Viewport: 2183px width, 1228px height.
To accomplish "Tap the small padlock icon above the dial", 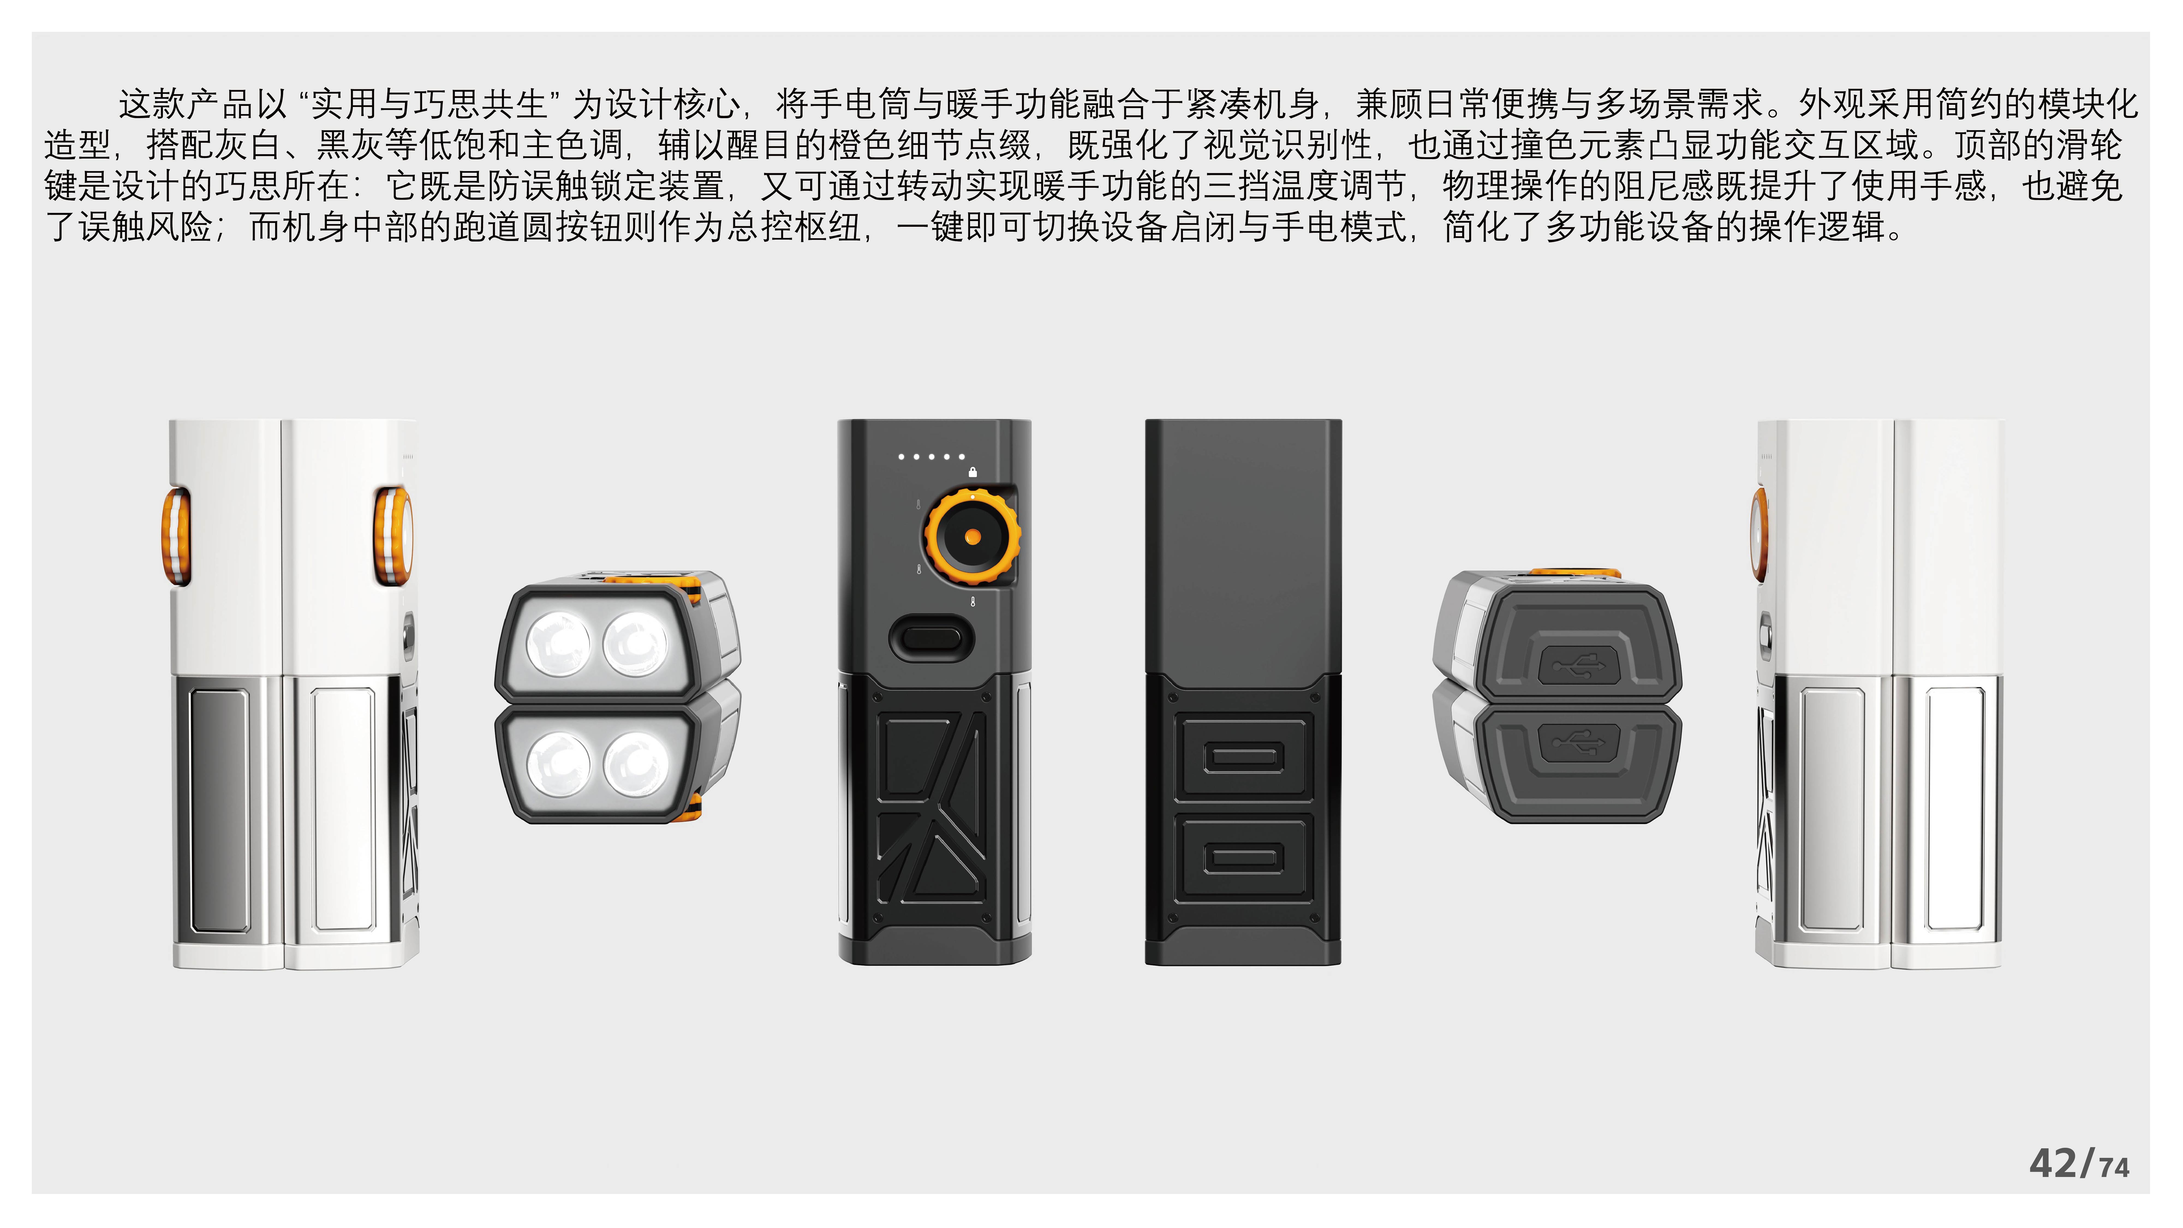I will pos(973,472).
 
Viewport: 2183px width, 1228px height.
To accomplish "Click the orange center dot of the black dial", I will pos(973,536).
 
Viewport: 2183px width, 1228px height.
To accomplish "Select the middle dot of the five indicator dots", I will pos(931,457).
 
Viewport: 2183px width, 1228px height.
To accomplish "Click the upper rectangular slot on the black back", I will pos(1243,757).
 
